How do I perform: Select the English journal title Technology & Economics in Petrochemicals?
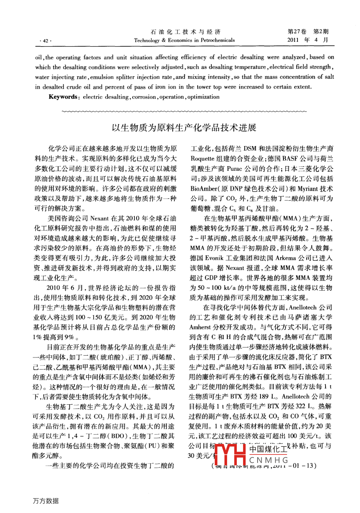coord(184,40)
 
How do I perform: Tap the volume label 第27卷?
coord(297,32)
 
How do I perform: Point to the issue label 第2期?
coord(321,32)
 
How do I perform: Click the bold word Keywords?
coord(63,97)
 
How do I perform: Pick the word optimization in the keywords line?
coord(203,97)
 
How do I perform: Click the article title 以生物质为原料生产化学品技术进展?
coord(184,128)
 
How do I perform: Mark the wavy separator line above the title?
coord(184,111)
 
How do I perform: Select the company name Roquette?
coord(202,159)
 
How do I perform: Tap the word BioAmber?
coord(203,189)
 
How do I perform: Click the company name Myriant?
coord(307,189)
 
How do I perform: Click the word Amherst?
coord(200,327)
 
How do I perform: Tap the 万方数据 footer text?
coord(46,501)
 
